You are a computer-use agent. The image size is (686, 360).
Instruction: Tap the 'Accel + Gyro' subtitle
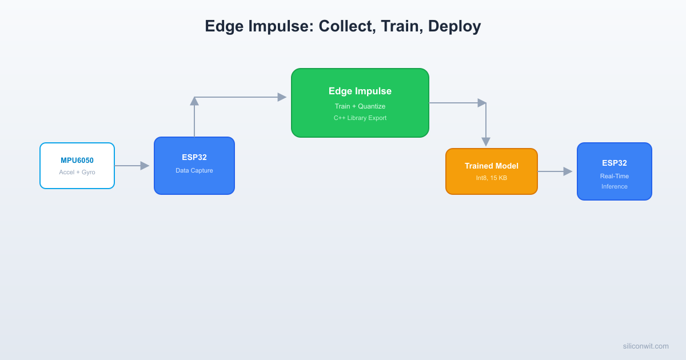[x=77, y=172]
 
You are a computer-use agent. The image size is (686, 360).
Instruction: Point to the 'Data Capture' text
[x=194, y=170]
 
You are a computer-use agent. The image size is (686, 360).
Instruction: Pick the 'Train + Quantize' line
[x=360, y=106]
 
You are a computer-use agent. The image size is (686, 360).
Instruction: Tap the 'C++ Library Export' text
[x=360, y=118]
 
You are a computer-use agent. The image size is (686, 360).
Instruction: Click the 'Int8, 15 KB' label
[x=492, y=178]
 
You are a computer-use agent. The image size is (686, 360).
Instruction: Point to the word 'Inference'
[x=615, y=186]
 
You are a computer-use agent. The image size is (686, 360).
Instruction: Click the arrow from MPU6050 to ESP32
[x=131, y=166]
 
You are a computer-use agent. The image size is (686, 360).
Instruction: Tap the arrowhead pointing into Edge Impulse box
[x=282, y=97]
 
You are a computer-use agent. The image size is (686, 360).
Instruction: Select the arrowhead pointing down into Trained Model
[x=486, y=142]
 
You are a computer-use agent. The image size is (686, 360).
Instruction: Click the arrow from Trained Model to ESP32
[x=555, y=171]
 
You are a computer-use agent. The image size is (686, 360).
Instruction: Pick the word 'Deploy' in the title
[x=454, y=27]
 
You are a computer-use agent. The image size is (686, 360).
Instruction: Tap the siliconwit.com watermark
[x=645, y=346]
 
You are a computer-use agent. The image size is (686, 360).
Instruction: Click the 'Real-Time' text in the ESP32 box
[x=615, y=176]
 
